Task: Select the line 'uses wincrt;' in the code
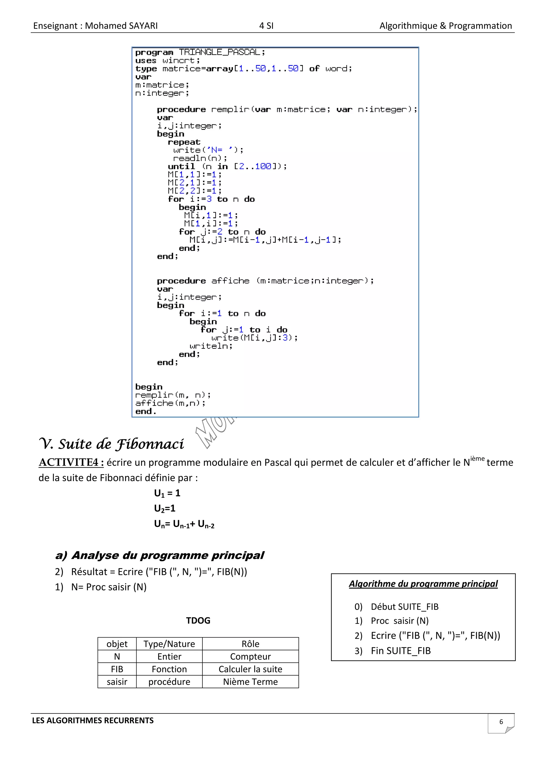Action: pyautogui.click(x=167, y=61)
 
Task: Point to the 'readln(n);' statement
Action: pyautogui.click(x=200, y=158)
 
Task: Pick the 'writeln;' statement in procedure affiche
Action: pyautogui.click(x=211, y=346)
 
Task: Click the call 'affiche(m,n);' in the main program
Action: pyautogui.click(x=170, y=403)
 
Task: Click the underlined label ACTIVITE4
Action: pyautogui.click(x=71, y=462)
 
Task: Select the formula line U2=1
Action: pyautogui.click(x=164, y=508)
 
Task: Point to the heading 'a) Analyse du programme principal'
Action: pyautogui.click(x=160, y=555)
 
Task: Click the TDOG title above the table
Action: pyautogui.click(x=198, y=620)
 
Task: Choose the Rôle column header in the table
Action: pyautogui.click(x=250, y=644)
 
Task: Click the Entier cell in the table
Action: pyautogui.click(x=169, y=656)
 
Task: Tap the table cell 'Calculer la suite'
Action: pyautogui.click(x=250, y=669)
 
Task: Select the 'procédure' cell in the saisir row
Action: pyautogui.click(x=169, y=682)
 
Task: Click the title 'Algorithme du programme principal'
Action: pyautogui.click(x=423, y=584)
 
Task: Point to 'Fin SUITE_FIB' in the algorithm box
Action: pyautogui.click(x=401, y=651)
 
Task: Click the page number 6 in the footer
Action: pyautogui.click(x=501, y=722)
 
